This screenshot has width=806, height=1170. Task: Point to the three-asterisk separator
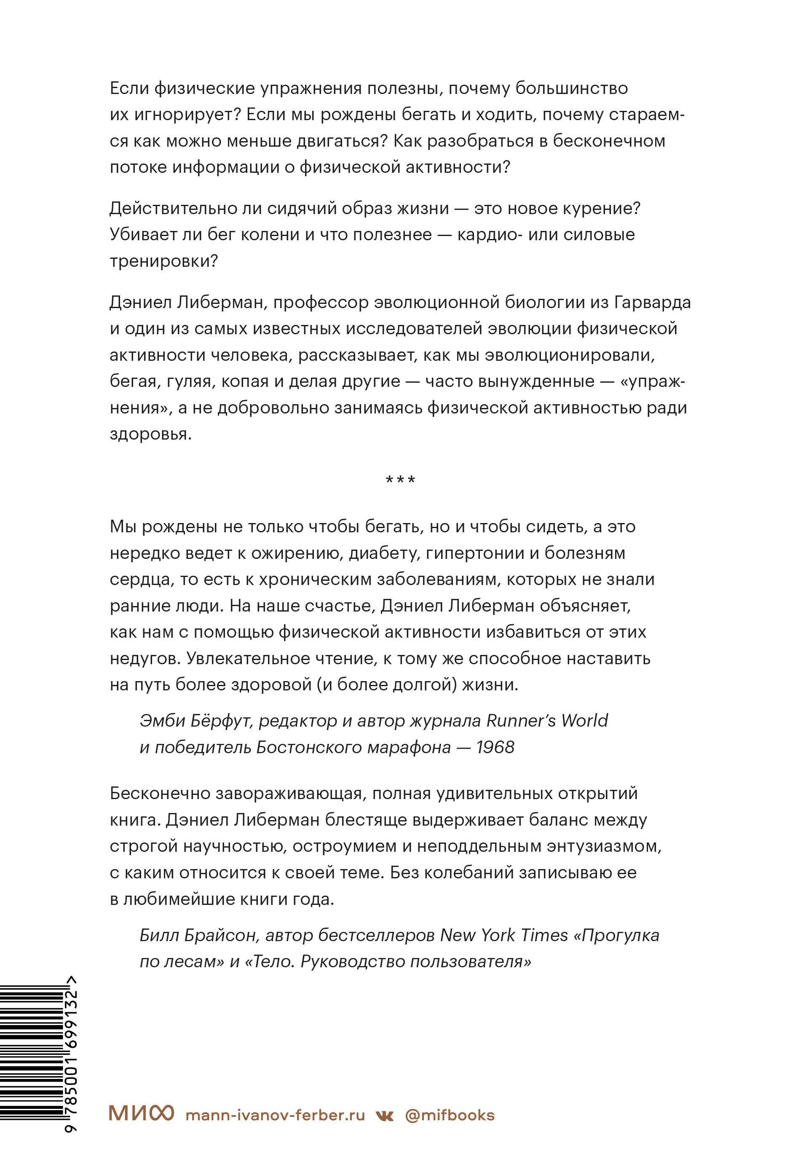[401, 480]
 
